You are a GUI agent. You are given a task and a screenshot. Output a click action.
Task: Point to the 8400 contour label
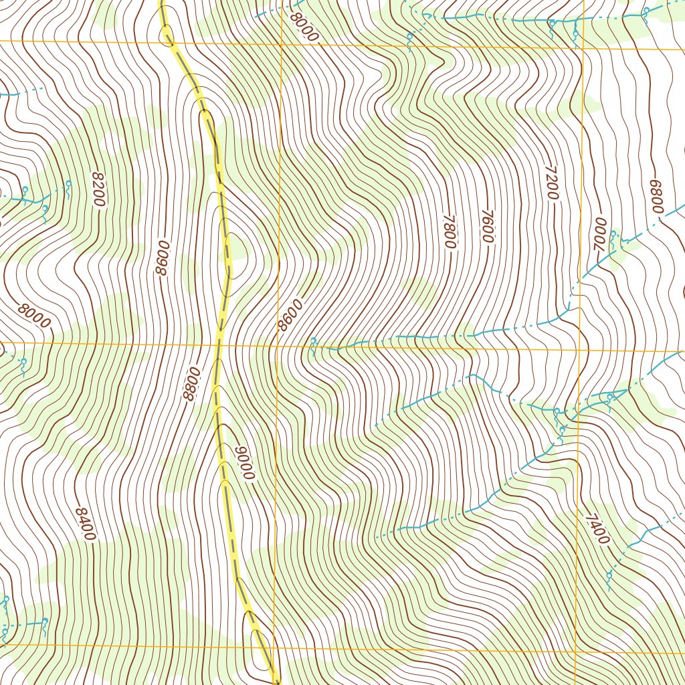85,524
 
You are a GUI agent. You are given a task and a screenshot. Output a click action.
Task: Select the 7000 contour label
600,235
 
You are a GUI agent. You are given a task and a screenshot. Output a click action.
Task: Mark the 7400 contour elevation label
597,529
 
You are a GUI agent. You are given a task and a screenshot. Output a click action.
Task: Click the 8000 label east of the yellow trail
304,27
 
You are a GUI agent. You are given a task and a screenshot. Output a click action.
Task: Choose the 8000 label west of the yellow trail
34,315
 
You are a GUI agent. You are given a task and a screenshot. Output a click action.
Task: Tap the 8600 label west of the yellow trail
161,258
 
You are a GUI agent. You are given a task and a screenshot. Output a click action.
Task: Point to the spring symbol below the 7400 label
609,576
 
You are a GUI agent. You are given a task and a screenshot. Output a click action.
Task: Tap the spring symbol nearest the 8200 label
68,185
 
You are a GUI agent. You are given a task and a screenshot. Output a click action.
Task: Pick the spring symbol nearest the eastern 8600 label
313,342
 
